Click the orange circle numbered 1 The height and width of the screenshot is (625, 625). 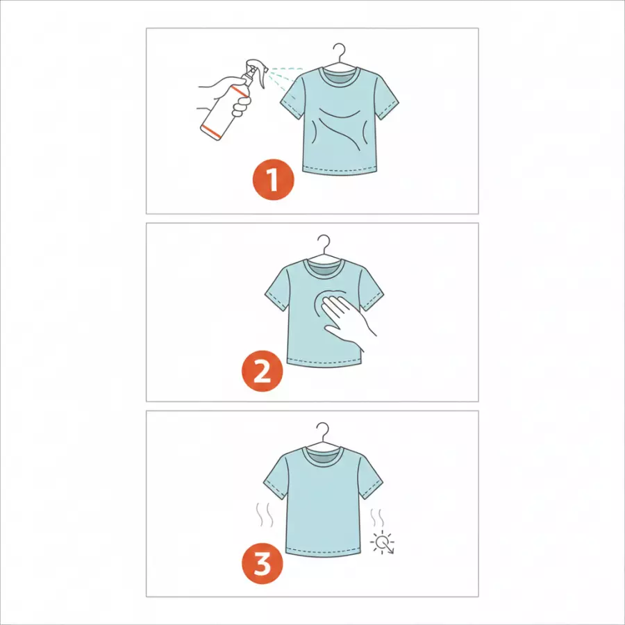click(273, 179)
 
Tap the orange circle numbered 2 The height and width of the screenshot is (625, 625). click(262, 370)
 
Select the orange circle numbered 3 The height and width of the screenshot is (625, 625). click(262, 563)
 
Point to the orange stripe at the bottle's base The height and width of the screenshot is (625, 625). click(211, 131)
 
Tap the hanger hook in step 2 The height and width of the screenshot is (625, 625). click(325, 242)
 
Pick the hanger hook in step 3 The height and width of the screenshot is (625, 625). click(324, 430)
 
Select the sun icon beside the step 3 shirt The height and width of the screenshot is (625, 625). click(383, 542)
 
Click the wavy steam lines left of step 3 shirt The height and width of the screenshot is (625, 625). click(265, 515)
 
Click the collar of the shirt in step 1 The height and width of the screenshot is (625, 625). click(340, 76)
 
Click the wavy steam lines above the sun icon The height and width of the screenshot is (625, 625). click(377, 517)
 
